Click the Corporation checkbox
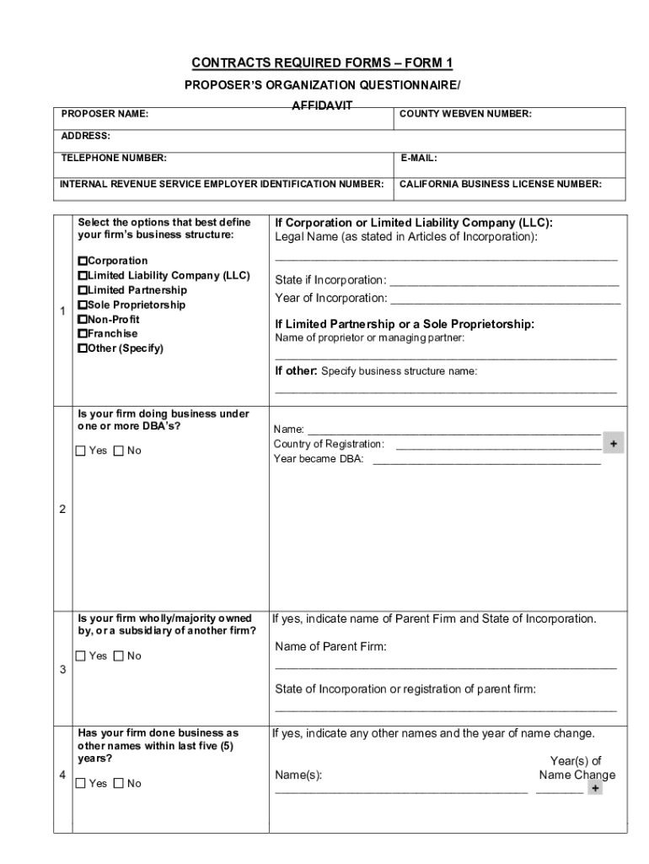point(83,262)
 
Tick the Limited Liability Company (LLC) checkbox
point(83,276)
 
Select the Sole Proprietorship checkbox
point(83,305)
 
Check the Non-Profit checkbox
point(83,320)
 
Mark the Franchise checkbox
point(83,334)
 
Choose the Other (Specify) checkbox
point(83,348)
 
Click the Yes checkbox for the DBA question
point(81,451)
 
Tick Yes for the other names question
point(81,784)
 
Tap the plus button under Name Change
point(595,788)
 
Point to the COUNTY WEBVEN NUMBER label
point(465,114)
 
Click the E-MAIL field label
point(418,158)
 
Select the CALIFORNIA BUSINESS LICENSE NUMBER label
point(500,183)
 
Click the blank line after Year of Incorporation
point(506,300)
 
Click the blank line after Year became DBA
point(486,461)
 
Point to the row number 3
point(62,670)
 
